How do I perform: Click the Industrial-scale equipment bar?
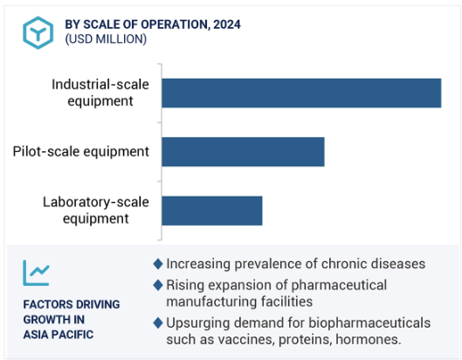[301, 93]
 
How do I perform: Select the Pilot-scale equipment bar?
[243, 152]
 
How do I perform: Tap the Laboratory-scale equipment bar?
[212, 211]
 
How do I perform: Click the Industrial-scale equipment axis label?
[100, 93]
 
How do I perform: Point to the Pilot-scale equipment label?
[80, 151]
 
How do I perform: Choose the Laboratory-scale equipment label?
[96, 211]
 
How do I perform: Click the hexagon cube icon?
[38, 32]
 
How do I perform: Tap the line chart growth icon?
[36, 273]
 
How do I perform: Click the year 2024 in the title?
[227, 24]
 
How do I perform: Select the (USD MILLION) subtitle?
[106, 39]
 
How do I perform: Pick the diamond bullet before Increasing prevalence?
[158, 264]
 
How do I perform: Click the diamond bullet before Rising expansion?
[158, 285]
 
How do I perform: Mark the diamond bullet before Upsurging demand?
[158, 322]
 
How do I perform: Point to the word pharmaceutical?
[339, 286]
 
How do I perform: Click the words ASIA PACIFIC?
[59, 335]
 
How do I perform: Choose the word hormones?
[369, 339]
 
